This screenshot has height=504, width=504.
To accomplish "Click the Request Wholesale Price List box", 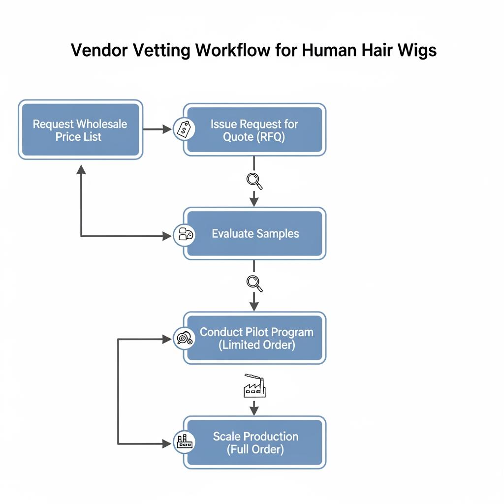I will point(80,130).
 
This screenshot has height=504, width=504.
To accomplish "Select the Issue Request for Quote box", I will point(254,130).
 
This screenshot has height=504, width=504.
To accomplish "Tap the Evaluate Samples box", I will point(254,233).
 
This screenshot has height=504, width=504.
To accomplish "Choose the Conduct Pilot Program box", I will point(254,338).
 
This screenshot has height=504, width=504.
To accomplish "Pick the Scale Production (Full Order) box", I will point(254,442).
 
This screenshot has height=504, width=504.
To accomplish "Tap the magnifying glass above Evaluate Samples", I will point(254,181).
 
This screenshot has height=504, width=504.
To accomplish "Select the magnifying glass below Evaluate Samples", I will point(254,283).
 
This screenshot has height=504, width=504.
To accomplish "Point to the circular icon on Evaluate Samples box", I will point(185,234).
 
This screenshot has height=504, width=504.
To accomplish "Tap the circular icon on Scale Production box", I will point(185,441).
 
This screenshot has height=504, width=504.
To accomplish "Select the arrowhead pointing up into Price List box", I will point(81,170).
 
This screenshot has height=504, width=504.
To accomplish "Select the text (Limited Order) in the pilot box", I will point(256,345).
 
